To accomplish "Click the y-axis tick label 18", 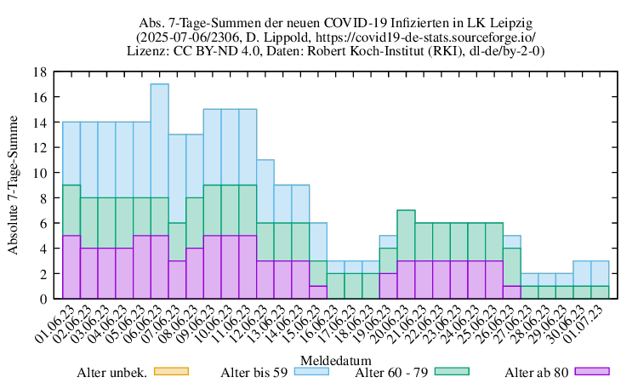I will tap(41, 72).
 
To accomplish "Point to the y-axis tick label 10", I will tap(41, 173).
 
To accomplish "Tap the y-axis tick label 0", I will tap(44, 299).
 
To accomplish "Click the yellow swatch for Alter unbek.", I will tap(170, 371).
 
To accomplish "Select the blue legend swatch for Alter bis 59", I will tap(311, 371).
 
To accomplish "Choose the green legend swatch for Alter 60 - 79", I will tap(453, 371).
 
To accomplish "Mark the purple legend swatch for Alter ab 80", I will tap(593, 371).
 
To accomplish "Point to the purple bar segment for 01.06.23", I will tap(71, 267).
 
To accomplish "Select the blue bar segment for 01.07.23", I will tap(600, 273).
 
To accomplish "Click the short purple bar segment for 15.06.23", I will tap(317, 292).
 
